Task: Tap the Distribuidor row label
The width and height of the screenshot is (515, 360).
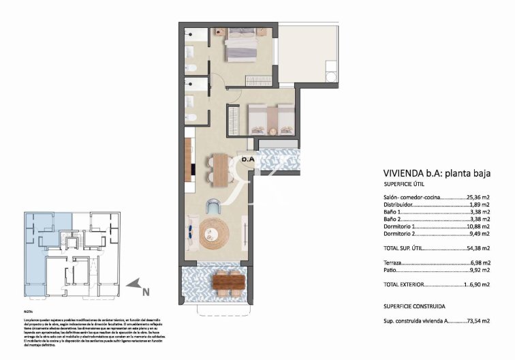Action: [x=398, y=205]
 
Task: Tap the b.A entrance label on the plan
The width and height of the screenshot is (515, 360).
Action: [x=248, y=159]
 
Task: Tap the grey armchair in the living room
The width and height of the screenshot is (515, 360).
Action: [x=215, y=206]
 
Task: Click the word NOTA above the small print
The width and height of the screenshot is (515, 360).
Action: [x=29, y=312]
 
